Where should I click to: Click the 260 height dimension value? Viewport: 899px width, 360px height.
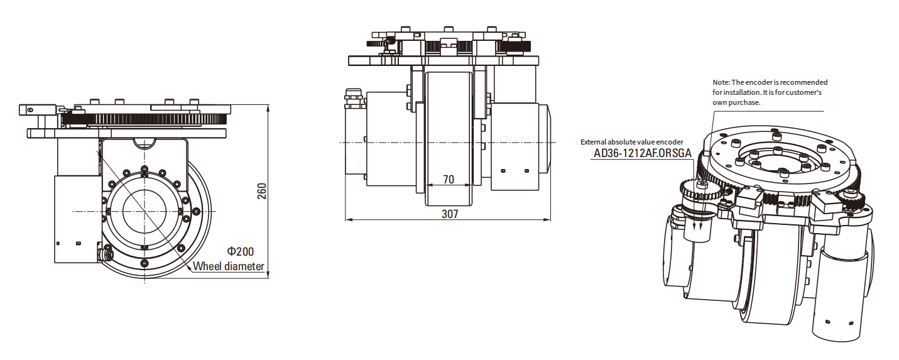point(262,192)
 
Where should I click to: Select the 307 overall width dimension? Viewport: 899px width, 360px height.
point(450,214)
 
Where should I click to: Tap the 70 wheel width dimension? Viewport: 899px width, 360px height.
point(449,180)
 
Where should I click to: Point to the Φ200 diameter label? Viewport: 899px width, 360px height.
point(241,252)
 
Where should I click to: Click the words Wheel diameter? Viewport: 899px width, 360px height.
point(228,266)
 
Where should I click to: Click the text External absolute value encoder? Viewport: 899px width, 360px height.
point(632,141)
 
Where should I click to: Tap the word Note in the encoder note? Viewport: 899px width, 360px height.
point(721,82)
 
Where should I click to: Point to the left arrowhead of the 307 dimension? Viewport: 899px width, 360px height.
point(348,219)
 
